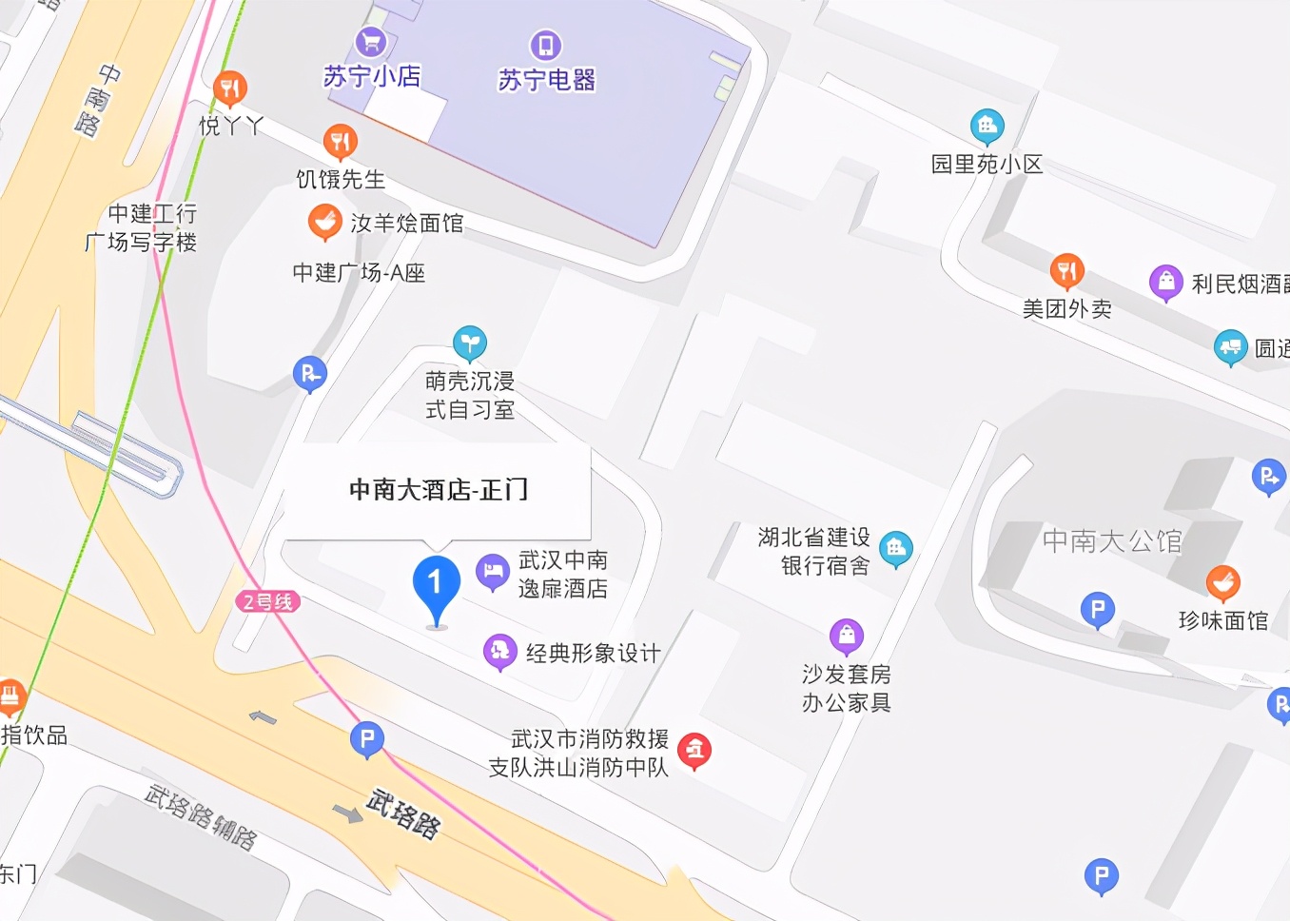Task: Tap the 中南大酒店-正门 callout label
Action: tap(438, 490)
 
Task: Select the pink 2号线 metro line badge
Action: tap(267, 601)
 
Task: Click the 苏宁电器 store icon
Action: tap(545, 46)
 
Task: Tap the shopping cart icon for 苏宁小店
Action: tap(371, 43)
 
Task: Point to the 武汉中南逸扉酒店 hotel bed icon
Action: tap(493, 572)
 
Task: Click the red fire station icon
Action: tap(695, 751)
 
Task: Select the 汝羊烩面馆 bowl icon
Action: tap(325, 222)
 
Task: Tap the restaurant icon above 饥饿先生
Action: tap(340, 142)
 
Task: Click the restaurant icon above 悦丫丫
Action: tap(229, 88)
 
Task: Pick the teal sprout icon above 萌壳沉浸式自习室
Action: tap(470, 343)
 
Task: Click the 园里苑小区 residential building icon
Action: tap(987, 125)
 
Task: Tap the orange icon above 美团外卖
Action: tap(1066, 271)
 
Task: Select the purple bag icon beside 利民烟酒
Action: tap(1165, 282)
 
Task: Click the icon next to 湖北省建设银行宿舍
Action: tap(895, 548)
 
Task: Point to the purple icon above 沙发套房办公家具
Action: tap(846, 636)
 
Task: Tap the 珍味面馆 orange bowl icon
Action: tap(1222, 582)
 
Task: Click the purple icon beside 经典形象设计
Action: tap(499, 652)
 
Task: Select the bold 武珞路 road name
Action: tap(403, 813)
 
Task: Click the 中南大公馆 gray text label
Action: tap(1111, 541)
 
